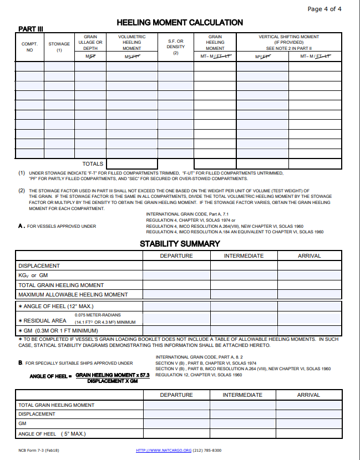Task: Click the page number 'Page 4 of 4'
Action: pos(324,9)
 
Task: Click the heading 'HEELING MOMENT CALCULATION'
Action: pos(180,23)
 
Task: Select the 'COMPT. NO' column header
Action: pos(29,47)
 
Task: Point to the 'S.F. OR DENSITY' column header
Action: pos(175,47)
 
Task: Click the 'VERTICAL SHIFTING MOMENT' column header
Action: pos(288,37)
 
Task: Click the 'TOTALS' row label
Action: pos(93,164)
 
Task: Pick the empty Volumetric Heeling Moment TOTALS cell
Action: pos(131,164)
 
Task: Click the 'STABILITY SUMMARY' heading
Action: pos(180,244)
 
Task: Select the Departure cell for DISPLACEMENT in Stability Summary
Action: pos(176,266)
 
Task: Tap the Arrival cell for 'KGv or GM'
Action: pos(309,275)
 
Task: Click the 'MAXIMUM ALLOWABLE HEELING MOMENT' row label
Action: pos(73,295)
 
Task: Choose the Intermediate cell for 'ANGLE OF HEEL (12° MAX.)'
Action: pos(244,306)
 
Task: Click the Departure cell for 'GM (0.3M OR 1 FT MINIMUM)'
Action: pos(176,331)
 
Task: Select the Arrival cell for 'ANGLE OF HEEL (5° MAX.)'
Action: pos(309,434)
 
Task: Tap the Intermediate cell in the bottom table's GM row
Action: pos(242,424)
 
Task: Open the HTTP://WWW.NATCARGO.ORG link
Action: pos(164,450)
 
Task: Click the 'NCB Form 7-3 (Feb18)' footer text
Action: pos(39,450)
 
